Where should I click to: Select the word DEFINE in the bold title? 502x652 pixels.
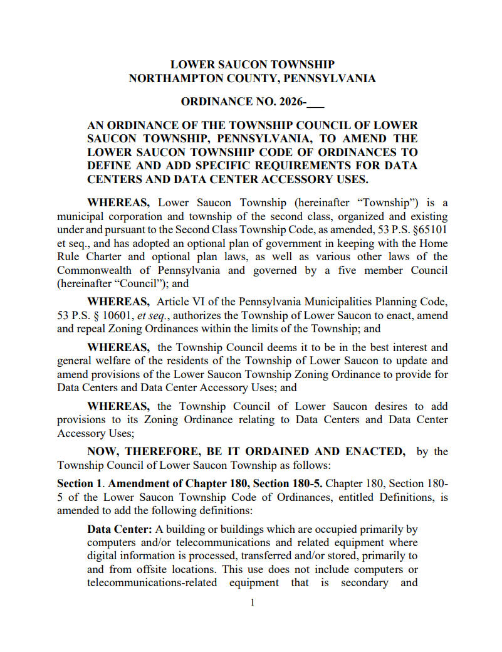111,166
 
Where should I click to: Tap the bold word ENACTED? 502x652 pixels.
375,451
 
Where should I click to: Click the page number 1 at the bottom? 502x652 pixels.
252,602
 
